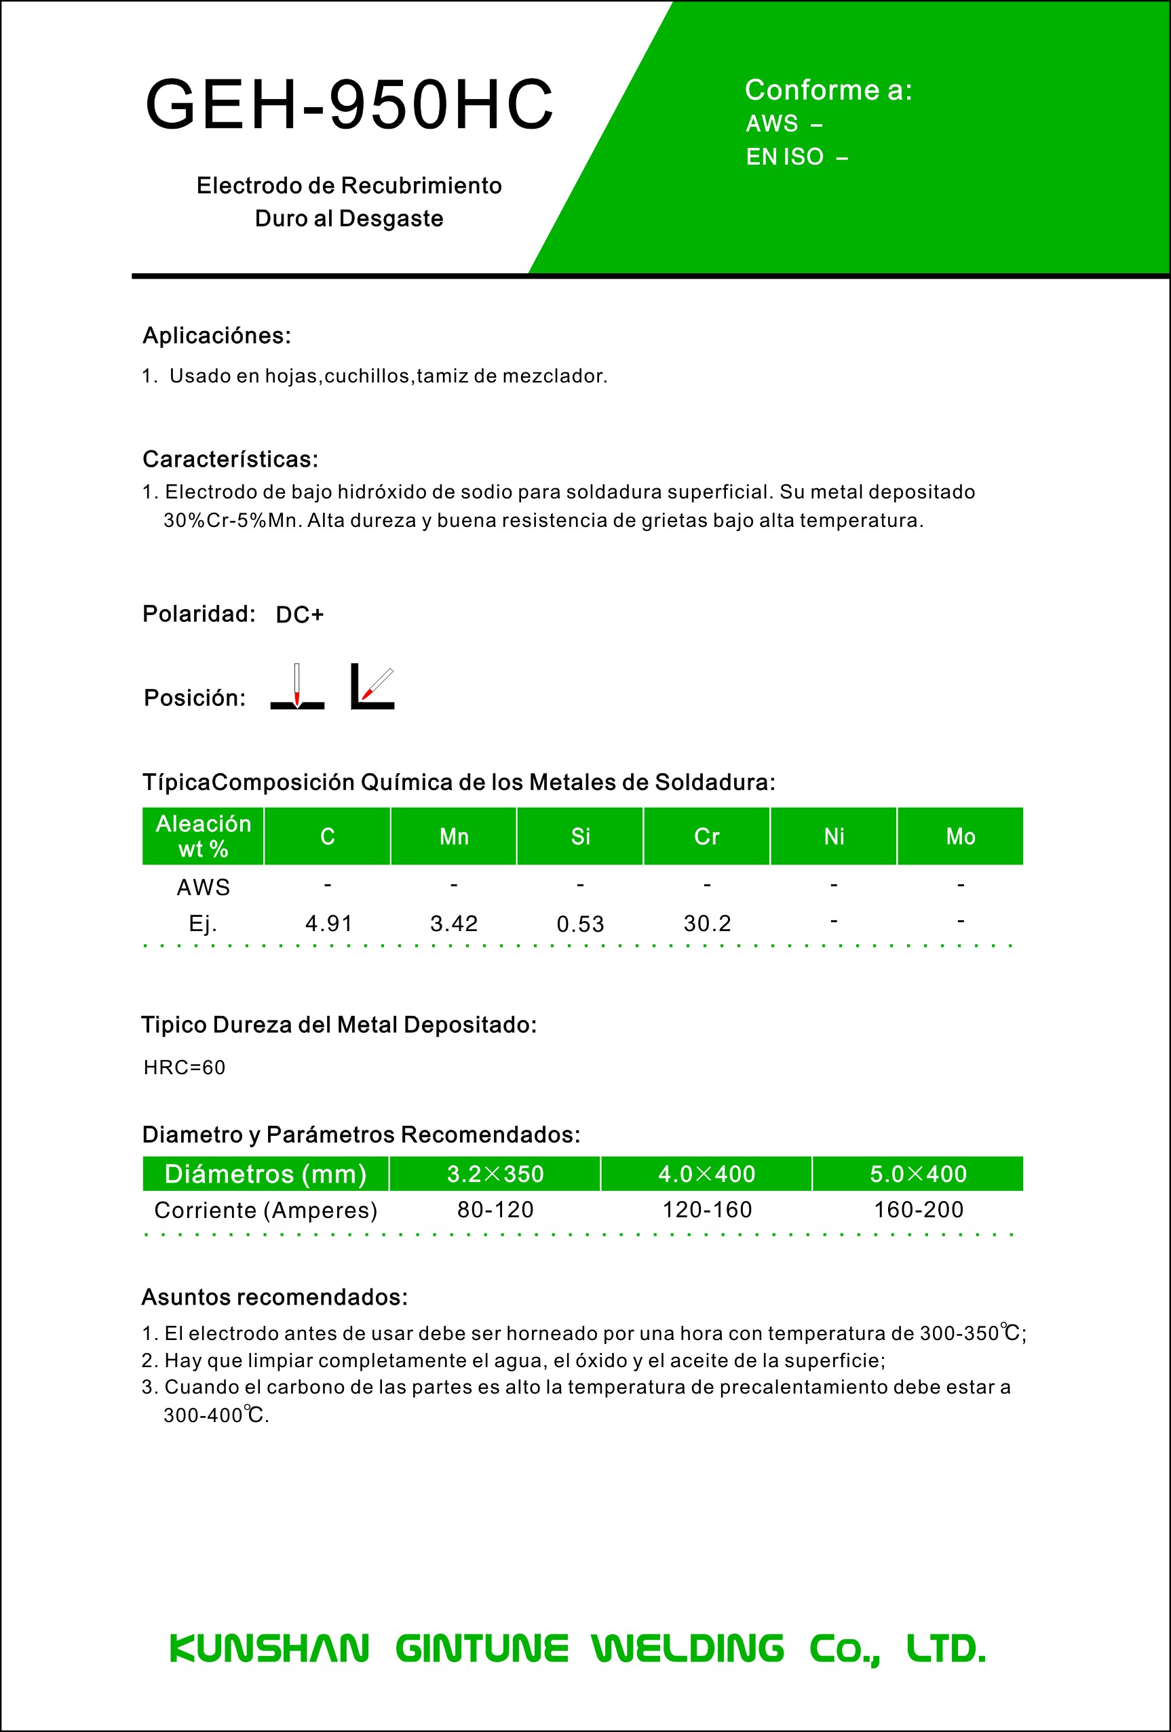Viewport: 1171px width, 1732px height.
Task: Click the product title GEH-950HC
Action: pos(349,104)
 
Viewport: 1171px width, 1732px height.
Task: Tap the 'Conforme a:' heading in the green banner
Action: pos(828,90)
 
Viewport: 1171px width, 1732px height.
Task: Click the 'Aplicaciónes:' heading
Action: pos(216,336)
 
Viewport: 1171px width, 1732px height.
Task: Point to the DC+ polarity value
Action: pos(300,615)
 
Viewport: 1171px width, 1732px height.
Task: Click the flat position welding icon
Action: pos(296,686)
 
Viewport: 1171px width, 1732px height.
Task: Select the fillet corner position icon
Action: pos(372,686)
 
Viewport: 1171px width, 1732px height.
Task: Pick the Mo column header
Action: pos(960,836)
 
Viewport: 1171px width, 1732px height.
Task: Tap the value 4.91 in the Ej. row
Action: pos(328,924)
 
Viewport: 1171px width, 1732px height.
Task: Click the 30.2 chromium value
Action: pos(707,924)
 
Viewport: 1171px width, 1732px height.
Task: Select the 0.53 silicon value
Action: pos(580,924)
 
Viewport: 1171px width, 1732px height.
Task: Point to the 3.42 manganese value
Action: pos(454,924)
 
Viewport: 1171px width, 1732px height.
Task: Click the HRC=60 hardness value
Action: pos(184,1067)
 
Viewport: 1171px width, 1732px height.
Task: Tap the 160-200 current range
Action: pos(919,1210)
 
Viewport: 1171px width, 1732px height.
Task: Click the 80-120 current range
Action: pos(495,1210)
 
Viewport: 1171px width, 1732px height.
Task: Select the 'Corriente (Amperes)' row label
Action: pos(265,1211)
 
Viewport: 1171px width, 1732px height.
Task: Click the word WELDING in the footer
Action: pos(687,1648)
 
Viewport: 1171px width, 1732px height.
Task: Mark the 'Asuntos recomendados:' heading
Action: pos(274,1297)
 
